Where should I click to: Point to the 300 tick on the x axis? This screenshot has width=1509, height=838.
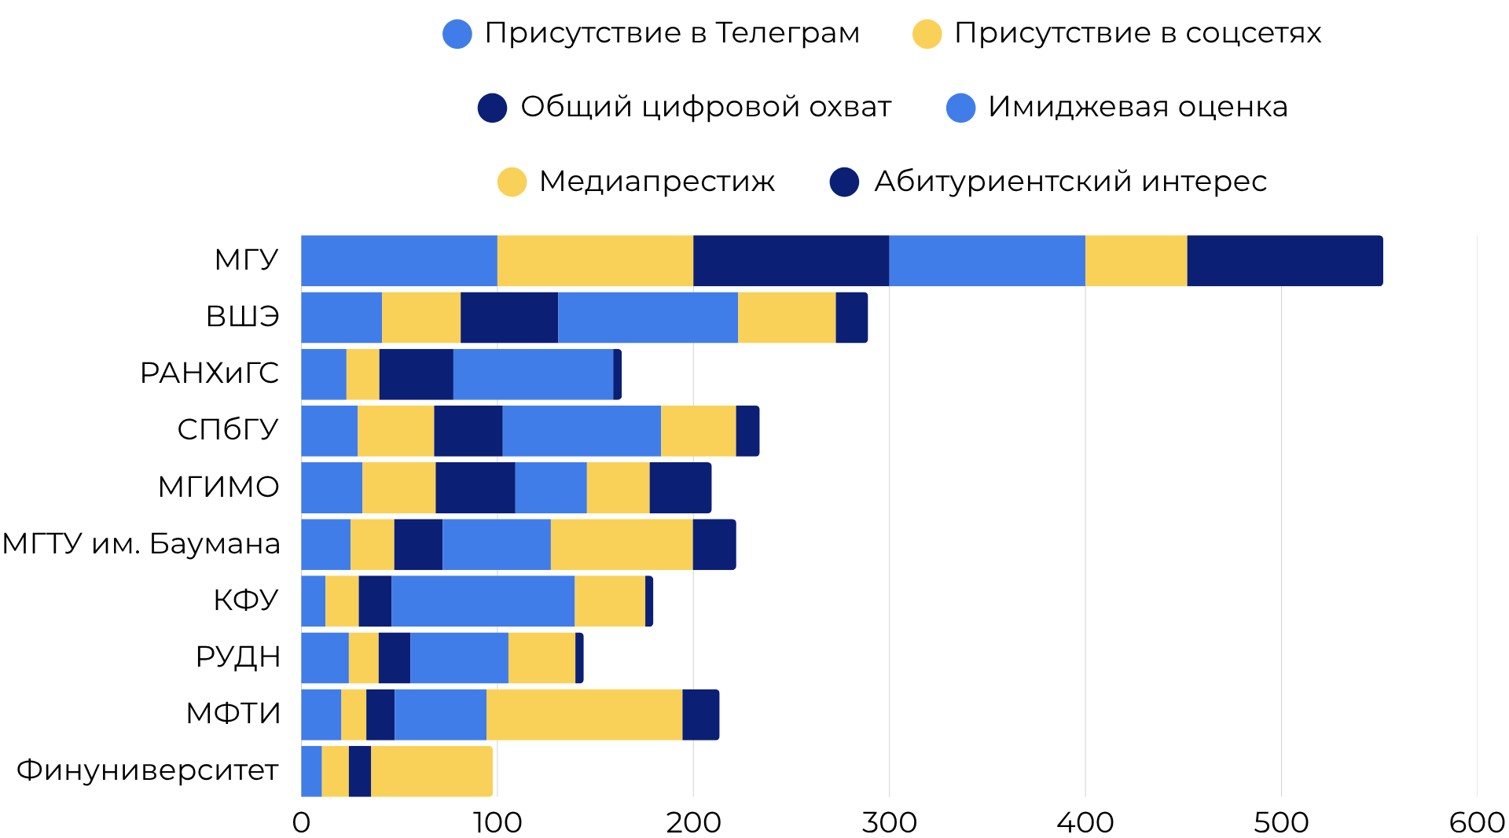click(889, 822)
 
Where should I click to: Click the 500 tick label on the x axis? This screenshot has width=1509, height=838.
click(1280, 822)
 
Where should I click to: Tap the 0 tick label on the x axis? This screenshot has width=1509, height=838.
click(301, 822)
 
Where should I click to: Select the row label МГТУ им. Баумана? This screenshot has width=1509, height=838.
click(141, 543)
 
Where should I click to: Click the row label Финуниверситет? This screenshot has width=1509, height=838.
click(148, 770)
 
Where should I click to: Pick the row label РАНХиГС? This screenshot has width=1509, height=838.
click(209, 373)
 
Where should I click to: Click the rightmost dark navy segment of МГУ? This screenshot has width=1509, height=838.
click(1284, 260)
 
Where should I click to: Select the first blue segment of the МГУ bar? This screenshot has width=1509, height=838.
click(399, 260)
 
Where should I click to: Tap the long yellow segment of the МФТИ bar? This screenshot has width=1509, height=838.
click(584, 714)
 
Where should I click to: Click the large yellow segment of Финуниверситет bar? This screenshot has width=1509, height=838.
click(431, 770)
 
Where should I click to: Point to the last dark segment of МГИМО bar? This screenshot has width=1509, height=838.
click(680, 487)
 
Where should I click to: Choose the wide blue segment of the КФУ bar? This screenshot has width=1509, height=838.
click(483, 601)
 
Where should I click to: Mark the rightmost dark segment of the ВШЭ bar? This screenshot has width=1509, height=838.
click(851, 317)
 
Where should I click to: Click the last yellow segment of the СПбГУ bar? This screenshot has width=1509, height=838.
click(698, 430)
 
